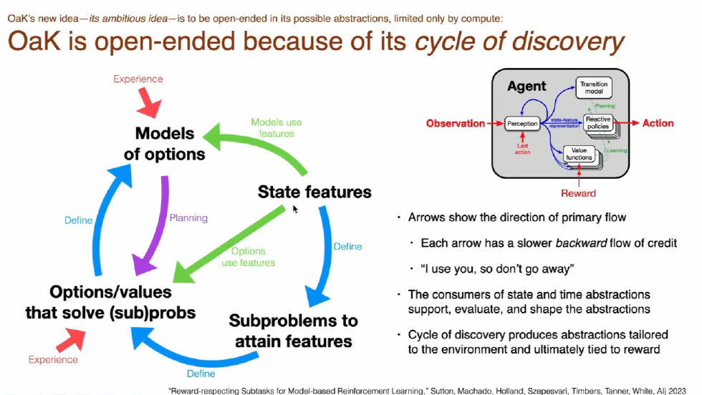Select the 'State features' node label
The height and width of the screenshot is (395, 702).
click(x=314, y=192)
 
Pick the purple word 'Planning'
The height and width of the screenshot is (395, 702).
click(x=189, y=218)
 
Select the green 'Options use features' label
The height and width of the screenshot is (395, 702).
click(x=248, y=256)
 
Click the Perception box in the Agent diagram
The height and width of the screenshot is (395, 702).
click(x=523, y=124)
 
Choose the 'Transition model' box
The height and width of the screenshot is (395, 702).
click(x=595, y=88)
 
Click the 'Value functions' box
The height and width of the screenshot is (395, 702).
click(x=581, y=154)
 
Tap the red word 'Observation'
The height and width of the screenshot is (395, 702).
click(x=455, y=123)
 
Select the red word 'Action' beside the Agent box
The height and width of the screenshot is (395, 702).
click(x=658, y=123)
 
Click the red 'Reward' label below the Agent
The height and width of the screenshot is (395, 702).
click(x=578, y=192)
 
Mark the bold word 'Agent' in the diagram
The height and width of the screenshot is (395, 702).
click(x=526, y=86)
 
